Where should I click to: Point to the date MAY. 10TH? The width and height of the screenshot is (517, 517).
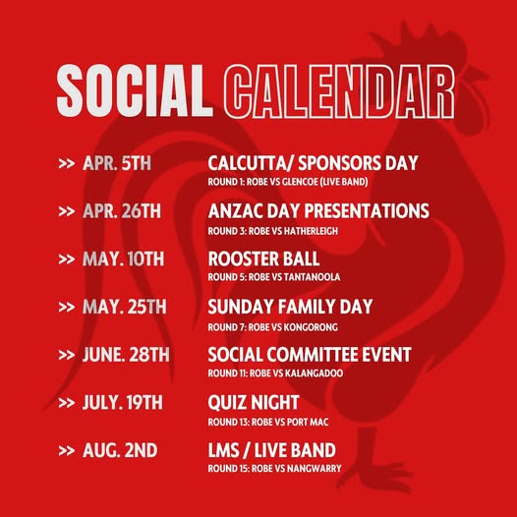(x=124, y=258)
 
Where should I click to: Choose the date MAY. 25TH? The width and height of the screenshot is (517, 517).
(x=125, y=307)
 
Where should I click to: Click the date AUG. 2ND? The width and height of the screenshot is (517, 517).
(x=121, y=450)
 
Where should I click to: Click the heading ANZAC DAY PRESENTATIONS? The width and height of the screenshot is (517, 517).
(x=318, y=211)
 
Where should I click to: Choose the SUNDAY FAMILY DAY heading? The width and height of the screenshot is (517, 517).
(x=290, y=307)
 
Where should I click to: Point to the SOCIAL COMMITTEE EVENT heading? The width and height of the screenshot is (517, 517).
(x=309, y=355)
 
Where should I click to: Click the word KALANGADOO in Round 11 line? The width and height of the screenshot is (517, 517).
(x=321, y=373)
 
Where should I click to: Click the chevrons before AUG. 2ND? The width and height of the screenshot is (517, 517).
(x=66, y=450)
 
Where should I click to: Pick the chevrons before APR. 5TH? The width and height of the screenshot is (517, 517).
(x=66, y=163)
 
